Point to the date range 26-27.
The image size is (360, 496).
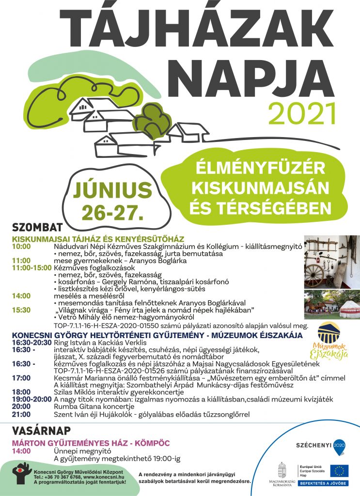coord(110,210)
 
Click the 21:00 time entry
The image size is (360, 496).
coord(21,415)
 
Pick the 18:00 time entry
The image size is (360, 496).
coord(21,391)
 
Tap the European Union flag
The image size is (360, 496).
coord(340,470)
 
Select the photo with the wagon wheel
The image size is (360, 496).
coord(332,262)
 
